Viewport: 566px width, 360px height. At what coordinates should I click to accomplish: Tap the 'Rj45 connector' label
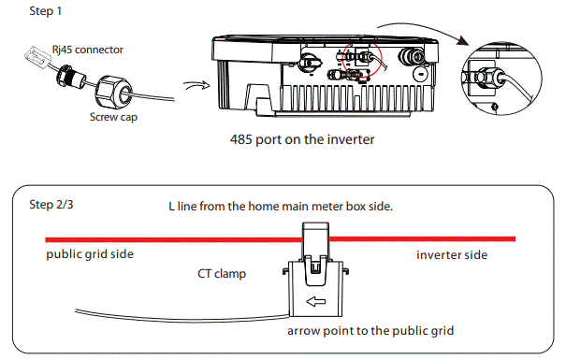[82, 50]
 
